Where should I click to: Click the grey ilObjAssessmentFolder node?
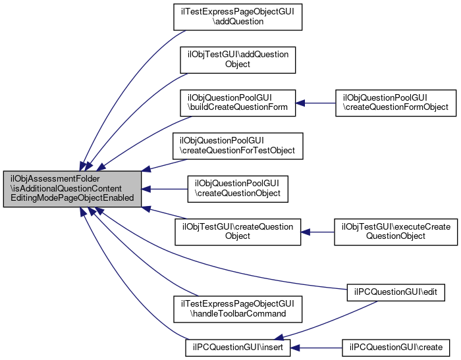click(x=72, y=189)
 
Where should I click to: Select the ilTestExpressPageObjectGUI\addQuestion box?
click(x=237, y=16)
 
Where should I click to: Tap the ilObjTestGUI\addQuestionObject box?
click(x=237, y=59)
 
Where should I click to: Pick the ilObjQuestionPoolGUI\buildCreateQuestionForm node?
click(x=237, y=102)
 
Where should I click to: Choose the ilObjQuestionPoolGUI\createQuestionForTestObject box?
click(x=237, y=145)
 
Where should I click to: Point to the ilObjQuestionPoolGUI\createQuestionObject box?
click(x=237, y=189)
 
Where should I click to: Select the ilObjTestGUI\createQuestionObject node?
click(x=237, y=232)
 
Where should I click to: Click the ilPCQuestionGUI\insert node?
click(x=237, y=347)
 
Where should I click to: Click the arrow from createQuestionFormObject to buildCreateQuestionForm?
click(x=315, y=102)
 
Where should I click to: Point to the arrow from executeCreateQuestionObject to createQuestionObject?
click(x=315, y=232)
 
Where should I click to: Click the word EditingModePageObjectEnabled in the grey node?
click(x=72, y=198)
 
